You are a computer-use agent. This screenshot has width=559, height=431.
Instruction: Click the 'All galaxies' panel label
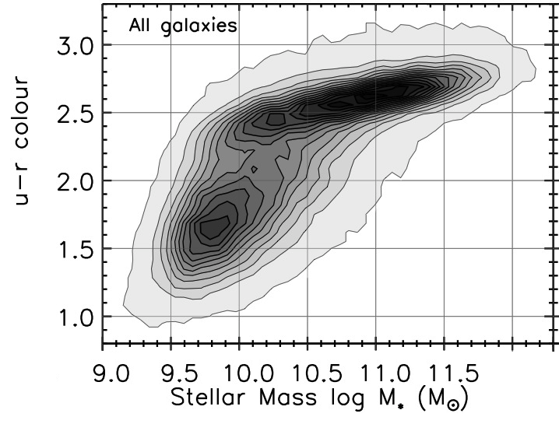coord(182,27)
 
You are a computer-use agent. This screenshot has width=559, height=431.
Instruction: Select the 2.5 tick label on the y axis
coord(76,113)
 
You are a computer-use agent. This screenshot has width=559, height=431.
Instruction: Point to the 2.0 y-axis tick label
coord(76,180)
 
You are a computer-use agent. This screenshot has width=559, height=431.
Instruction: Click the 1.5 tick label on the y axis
coord(76,249)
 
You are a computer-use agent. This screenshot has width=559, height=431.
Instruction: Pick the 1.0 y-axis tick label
coord(76,317)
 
